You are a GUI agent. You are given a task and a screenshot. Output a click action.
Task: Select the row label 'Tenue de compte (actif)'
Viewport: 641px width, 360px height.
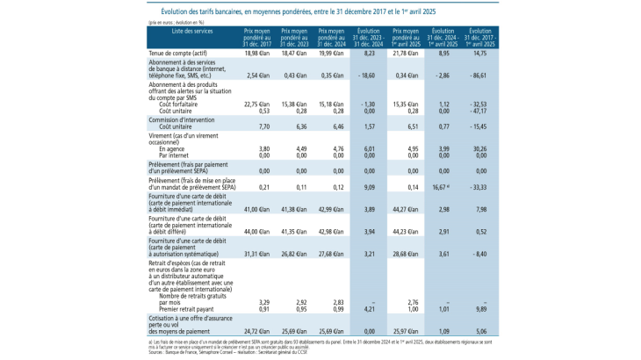179,54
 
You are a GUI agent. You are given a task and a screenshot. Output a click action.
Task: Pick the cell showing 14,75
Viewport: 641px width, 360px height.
481,54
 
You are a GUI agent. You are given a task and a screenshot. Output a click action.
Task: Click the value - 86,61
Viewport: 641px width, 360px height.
479,76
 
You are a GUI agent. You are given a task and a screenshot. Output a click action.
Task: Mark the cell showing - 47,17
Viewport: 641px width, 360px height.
479,111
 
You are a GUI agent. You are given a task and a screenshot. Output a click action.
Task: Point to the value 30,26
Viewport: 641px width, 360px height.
481,148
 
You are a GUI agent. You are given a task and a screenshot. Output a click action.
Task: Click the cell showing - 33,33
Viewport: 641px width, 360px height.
479,187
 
